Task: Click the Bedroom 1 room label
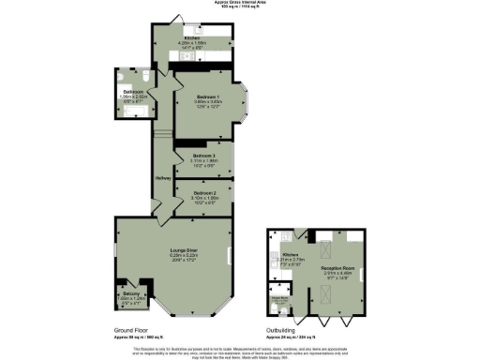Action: point(207,97)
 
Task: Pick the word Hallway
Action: point(160,178)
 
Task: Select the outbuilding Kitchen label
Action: point(290,254)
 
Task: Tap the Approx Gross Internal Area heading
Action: point(239,4)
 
